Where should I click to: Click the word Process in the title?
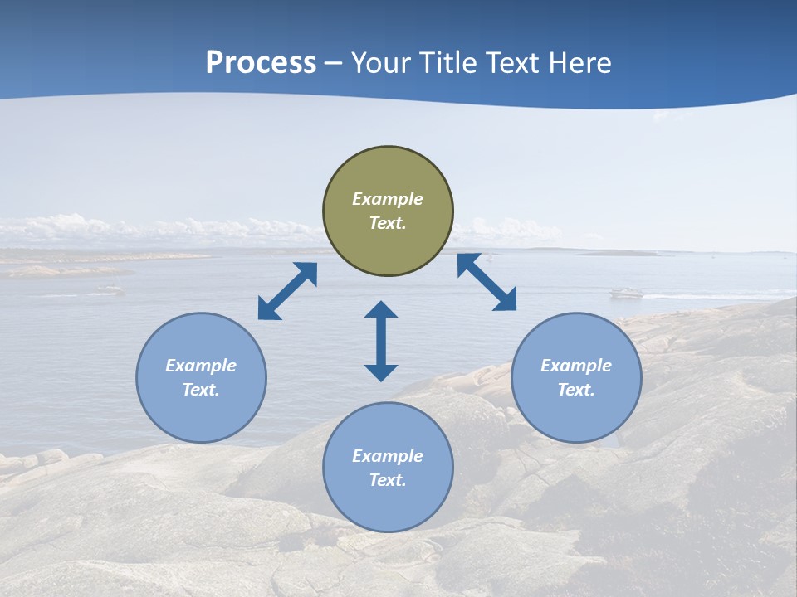tap(261, 63)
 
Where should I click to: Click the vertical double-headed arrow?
tap(381, 341)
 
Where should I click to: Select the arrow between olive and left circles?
tap(287, 291)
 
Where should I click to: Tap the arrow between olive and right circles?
tap(487, 283)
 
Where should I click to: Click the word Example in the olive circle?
tap(388, 199)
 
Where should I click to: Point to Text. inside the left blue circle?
tap(201, 390)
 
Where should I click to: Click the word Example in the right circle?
tap(576, 366)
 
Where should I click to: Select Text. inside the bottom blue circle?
tap(388, 480)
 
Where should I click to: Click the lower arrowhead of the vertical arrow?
tap(381, 372)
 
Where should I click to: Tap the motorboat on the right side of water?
tap(627, 293)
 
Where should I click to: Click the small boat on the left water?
tap(109, 289)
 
